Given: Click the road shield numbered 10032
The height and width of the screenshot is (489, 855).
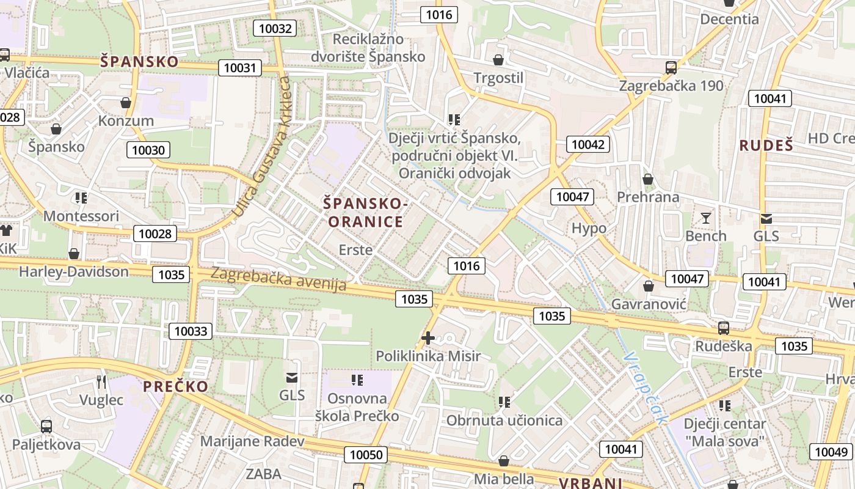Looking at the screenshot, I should pos(275,28).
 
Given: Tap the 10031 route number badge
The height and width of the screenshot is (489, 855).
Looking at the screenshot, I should pos(240,68).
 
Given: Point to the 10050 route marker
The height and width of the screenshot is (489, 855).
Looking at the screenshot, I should pos(366,455).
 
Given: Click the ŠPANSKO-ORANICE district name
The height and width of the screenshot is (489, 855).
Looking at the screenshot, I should pos(366,212).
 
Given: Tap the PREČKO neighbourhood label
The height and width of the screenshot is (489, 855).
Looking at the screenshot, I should pos(175,386).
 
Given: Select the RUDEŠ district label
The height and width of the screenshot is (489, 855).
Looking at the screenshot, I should pos(766,145).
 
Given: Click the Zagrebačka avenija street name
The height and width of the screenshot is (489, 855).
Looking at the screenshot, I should pos(278,279).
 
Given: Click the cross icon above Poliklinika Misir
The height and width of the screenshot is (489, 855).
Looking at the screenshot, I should pos(428,337).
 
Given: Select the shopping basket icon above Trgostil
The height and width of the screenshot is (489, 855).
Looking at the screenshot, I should pos(498,60).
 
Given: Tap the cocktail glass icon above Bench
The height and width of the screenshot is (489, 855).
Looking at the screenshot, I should pos(706,218).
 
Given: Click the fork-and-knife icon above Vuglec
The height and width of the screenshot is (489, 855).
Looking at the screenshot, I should pos(101,382).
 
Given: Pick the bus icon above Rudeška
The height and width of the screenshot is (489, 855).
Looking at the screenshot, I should pos(724,328).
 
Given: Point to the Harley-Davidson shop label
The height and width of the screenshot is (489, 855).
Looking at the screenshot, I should pos(74,271).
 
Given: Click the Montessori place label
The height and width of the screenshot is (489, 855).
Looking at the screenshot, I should pos(81,216).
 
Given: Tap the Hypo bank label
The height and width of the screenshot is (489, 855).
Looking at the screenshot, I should pos(589,229).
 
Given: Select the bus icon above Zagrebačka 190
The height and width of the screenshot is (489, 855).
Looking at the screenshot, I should pos(671,67).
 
